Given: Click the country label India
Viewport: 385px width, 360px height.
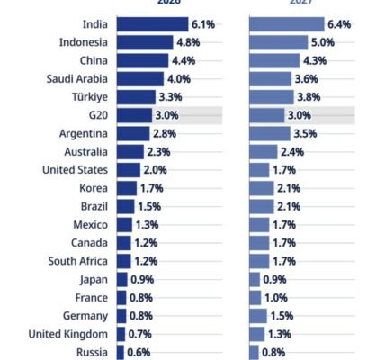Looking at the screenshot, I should click(92, 24).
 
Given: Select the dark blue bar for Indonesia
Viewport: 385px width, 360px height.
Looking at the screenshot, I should click(144, 42).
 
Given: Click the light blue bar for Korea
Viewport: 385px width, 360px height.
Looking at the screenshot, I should click(261, 188).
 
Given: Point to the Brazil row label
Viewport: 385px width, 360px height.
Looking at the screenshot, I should click(94, 206).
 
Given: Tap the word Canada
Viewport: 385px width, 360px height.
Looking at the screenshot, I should click(91, 243).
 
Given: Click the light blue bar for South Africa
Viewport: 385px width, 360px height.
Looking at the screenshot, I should click(259, 261).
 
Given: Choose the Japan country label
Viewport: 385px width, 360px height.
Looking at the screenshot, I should click(94, 280).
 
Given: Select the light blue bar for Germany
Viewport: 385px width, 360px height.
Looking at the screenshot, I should click(257, 316).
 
